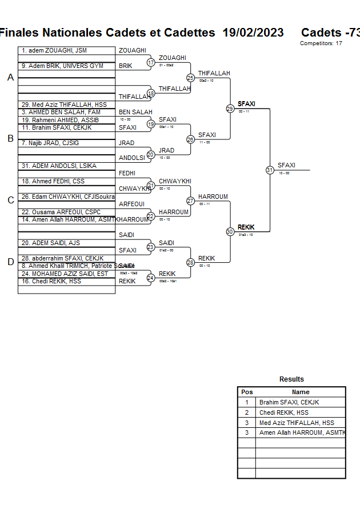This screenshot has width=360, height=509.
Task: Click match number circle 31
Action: coord(270,170)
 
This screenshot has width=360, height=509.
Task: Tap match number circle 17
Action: coord(151,62)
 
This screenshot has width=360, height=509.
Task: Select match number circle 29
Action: coord(230,109)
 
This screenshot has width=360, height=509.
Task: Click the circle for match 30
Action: coord(230,231)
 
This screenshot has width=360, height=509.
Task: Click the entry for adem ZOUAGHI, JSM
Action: coord(54,51)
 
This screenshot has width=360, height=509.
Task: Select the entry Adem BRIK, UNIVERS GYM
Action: coord(62,66)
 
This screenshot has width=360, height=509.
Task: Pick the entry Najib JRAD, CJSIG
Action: coord(54,143)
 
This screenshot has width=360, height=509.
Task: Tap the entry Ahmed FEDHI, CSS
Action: coord(53,181)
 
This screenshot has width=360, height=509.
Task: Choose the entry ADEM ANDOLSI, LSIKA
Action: coord(59,166)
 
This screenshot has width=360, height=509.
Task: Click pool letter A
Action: coord(10,77)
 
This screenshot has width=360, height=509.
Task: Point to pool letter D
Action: coord(10,262)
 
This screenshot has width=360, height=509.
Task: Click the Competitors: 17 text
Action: coord(321,43)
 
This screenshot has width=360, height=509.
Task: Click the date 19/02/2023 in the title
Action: coord(253,33)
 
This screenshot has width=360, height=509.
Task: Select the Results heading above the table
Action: coord(291,379)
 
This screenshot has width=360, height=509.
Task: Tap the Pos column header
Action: coord(247,392)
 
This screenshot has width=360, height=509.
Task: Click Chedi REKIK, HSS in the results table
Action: coord(284,412)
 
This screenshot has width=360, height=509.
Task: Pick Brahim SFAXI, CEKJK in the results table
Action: coord(289,402)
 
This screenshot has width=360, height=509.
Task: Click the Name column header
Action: coord(301,392)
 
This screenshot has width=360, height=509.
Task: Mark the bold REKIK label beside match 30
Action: coord(246,227)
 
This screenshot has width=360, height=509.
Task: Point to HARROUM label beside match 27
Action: coord(213,197)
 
